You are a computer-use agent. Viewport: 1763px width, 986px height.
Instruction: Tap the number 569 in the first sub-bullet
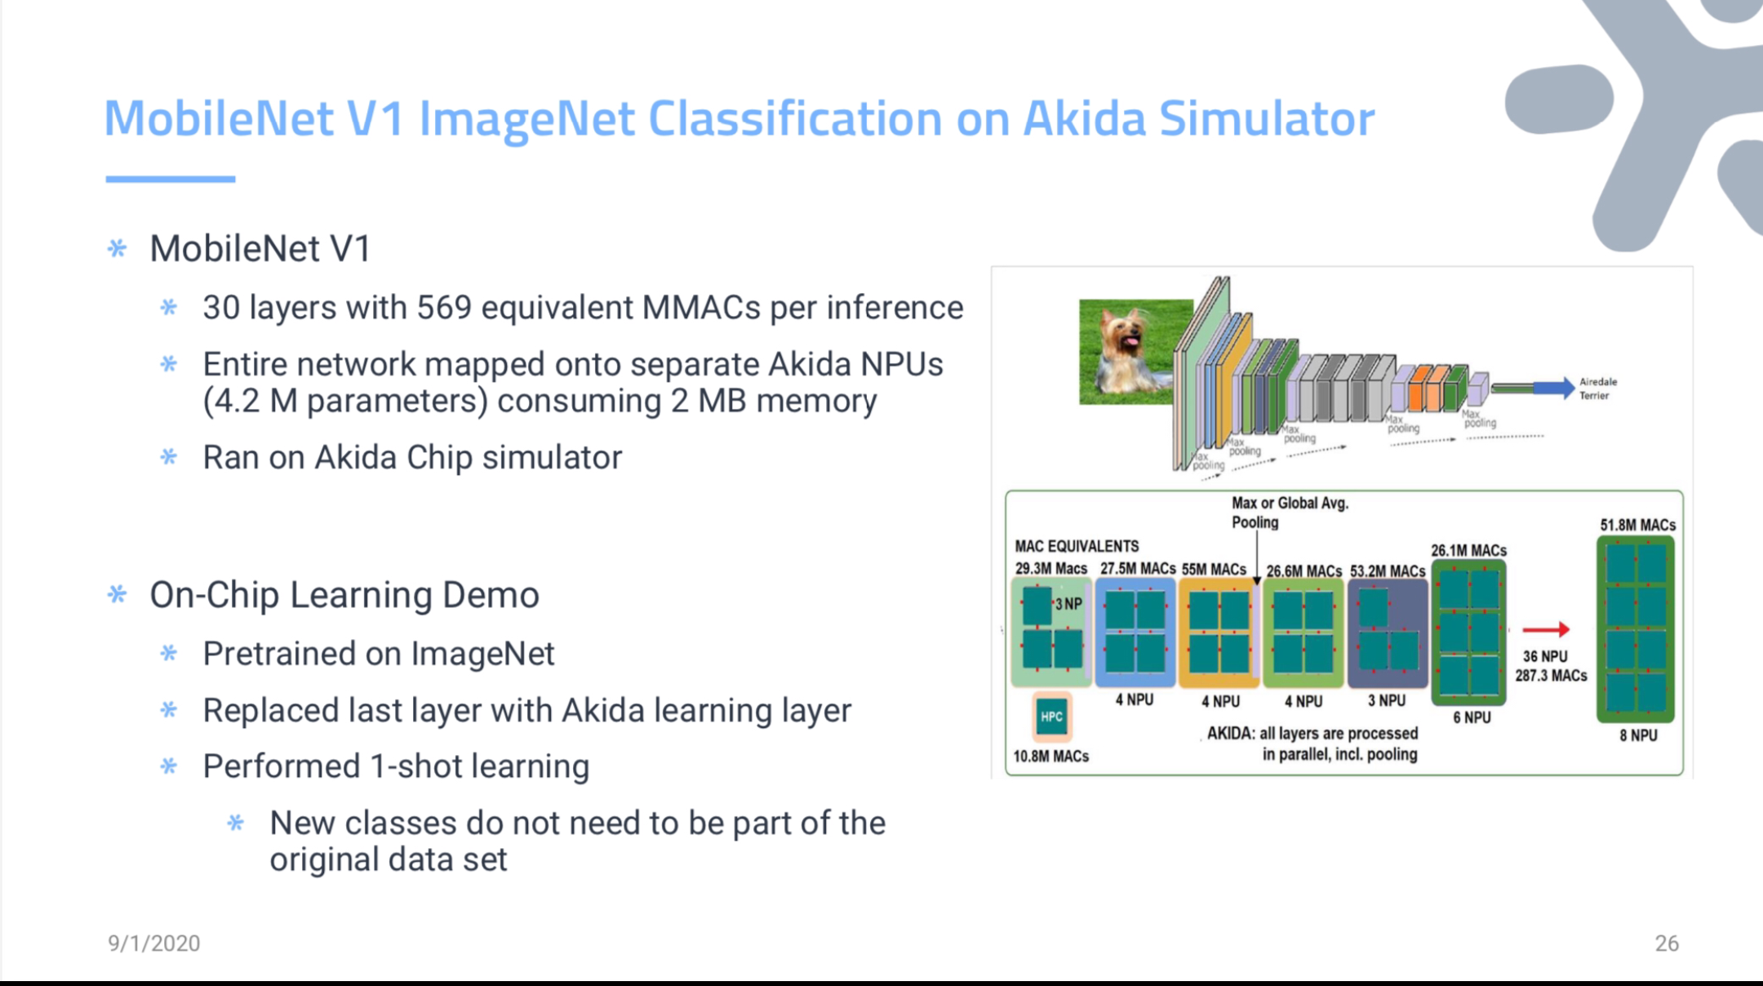pos(444,308)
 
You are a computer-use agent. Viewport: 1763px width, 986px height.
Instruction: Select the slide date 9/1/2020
pos(154,944)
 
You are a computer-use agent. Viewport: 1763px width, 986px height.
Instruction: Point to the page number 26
pos(1667,944)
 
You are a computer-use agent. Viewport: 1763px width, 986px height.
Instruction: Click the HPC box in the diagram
pos(1051,717)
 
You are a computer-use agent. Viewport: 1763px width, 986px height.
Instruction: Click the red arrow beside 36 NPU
pos(1546,629)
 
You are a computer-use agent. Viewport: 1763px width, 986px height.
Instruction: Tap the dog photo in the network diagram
pos(1135,352)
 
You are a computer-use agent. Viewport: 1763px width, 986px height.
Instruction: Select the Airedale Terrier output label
pos(1597,389)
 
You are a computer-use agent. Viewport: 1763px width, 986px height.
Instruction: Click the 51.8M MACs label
pos(1637,525)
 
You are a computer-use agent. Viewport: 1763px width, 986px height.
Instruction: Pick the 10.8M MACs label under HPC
pos(1051,757)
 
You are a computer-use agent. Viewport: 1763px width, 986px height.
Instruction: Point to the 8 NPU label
pos(1638,735)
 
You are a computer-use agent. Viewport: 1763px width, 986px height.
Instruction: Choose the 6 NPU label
pos(1472,717)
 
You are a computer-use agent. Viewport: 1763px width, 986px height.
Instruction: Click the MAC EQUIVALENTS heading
pos(1077,546)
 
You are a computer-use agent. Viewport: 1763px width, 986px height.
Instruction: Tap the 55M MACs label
pos(1214,569)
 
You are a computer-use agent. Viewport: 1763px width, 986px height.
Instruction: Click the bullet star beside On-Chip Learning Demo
pos(118,595)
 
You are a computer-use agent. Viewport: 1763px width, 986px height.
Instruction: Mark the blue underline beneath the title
pos(171,179)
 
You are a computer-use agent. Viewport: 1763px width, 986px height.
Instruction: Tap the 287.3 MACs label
pos(1551,676)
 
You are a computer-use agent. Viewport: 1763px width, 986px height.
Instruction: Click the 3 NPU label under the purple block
pos(1387,700)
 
